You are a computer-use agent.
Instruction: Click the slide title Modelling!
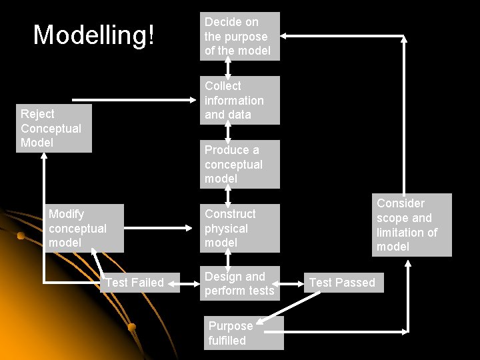click(94, 35)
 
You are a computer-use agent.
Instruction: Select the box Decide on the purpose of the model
click(239, 36)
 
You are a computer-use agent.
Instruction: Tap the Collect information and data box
click(239, 100)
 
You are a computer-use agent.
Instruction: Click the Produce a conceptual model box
click(239, 164)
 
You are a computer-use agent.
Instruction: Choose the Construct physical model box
click(239, 228)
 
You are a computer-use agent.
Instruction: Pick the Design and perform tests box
click(239, 283)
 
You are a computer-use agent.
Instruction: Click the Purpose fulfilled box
click(243, 333)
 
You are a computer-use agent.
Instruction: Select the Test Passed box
click(342, 283)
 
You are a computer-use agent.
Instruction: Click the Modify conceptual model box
click(85, 228)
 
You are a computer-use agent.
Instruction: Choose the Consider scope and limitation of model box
click(411, 225)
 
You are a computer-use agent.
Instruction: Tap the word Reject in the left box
click(37, 114)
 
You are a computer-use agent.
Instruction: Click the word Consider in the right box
click(400, 203)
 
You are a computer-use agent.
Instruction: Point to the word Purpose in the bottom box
click(230, 326)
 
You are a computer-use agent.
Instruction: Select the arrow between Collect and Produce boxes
click(228, 132)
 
